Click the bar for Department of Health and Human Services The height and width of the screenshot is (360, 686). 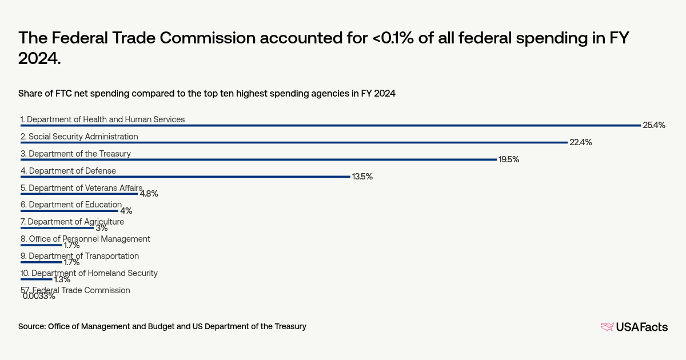click(330, 125)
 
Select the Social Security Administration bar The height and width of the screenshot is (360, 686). click(294, 142)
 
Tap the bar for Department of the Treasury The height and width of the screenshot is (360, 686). click(258, 159)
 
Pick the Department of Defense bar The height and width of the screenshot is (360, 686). click(185, 177)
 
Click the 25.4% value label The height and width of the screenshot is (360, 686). click(654, 125)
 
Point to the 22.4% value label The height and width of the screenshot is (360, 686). click(580, 142)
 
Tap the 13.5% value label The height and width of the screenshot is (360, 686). click(362, 177)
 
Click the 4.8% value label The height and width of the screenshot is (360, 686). click(149, 194)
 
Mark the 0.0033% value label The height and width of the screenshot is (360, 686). click(39, 296)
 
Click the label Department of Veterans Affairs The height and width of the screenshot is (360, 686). click(81, 187)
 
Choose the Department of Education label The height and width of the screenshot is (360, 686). click(71, 205)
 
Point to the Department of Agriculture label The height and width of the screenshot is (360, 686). click(72, 222)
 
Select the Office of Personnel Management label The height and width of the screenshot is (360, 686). click(85, 239)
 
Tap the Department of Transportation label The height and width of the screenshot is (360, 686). click(79, 256)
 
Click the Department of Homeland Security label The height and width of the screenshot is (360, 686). click(89, 273)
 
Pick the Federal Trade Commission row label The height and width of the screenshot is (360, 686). click(75, 290)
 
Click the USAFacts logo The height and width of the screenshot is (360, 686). click(634, 327)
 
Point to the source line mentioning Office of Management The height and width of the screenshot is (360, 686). click(162, 326)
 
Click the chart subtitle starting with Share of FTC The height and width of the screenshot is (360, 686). click(207, 93)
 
